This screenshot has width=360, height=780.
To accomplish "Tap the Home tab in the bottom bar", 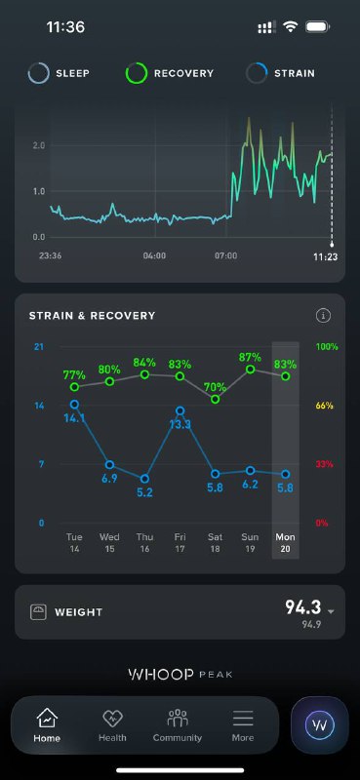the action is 47,725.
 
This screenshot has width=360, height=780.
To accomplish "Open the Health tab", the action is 112,725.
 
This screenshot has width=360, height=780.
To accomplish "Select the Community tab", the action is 178,725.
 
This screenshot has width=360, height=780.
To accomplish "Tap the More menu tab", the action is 243,725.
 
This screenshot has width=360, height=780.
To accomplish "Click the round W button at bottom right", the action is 319,724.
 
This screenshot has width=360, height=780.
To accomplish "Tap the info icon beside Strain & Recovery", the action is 323,315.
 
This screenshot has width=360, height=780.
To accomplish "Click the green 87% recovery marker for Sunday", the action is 251,370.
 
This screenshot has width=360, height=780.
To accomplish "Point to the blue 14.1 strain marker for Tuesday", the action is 75,405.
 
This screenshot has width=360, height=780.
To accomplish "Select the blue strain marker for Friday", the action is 180,410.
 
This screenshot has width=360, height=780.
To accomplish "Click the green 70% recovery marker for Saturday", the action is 215,399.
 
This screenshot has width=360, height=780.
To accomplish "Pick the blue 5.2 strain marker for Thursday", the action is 144,479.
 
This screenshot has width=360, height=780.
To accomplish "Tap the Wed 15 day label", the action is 109,543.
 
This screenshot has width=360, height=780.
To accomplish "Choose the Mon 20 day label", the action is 285,543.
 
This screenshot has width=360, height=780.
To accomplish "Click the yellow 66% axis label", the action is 324,406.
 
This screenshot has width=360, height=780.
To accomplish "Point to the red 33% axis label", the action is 324,464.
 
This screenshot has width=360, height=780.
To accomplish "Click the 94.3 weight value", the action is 303,606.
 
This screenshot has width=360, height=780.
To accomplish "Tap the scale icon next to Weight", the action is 38,612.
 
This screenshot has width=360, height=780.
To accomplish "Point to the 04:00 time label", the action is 154,255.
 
